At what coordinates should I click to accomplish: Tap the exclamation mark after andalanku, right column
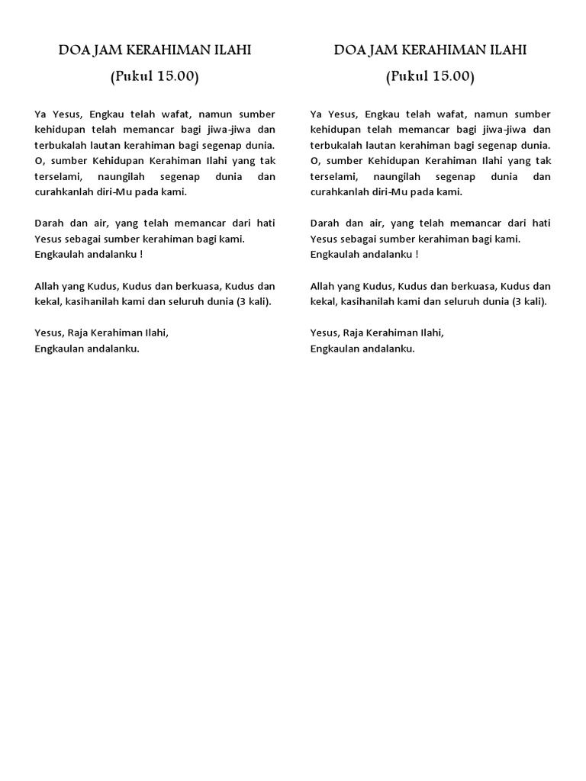417,254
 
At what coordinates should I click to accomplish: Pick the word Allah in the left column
47,286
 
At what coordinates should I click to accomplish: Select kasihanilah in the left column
92,301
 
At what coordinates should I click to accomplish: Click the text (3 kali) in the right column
530,301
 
